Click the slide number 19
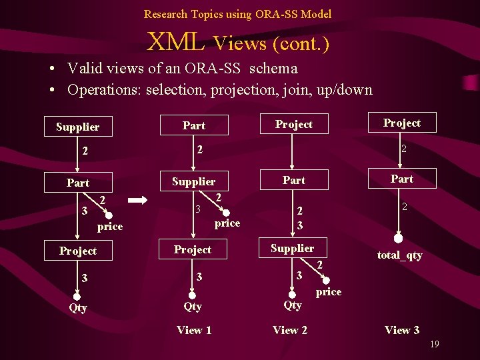434,344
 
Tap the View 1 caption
194,330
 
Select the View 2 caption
290,330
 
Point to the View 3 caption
402,330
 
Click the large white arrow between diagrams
138,199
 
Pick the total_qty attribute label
399,255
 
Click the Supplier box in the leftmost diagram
78,127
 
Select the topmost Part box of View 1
194,125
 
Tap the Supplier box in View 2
292,248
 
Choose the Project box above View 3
402,123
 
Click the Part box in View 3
402,179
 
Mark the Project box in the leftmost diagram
78,251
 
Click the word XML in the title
175,43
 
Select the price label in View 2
328,292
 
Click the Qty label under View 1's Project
193,306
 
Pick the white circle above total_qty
398,238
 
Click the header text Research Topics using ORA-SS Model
237,13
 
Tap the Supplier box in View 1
194,181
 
